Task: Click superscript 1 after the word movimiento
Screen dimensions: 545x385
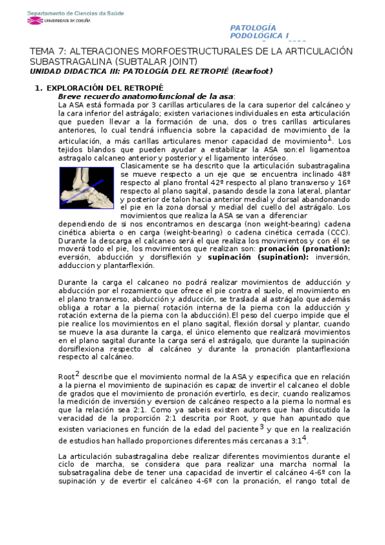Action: point(329,139)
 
